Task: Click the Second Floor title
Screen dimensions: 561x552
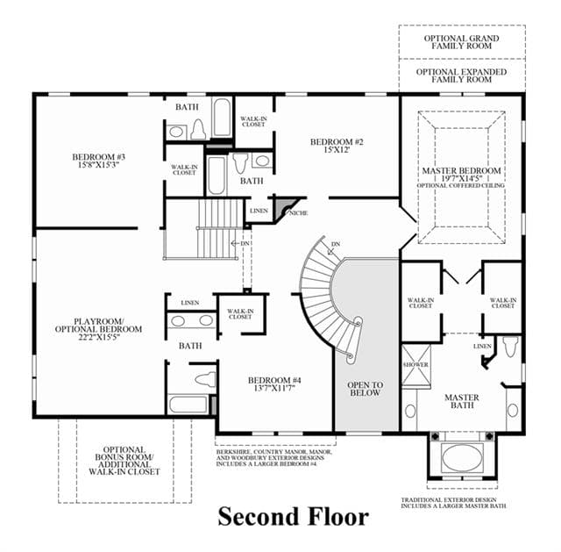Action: [x=294, y=517]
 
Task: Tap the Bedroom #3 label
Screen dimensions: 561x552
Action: [x=99, y=157]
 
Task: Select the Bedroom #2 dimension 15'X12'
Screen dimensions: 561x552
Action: [x=337, y=150]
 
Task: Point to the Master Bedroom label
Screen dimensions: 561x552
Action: [x=461, y=171]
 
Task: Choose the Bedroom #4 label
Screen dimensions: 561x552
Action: [x=275, y=380]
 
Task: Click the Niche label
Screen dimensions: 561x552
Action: [x=298, y=213]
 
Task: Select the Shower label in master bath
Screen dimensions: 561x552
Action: [x=415, y=365]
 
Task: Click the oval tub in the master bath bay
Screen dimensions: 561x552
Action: [x=462, y=458]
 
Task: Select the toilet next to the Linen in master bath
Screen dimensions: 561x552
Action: [x=510, y=346]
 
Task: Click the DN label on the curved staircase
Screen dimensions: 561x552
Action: [x=336, y=244]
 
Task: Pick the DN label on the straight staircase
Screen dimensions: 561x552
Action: [x=245, y=244]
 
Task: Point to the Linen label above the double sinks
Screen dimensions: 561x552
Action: [x=190, y=303]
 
